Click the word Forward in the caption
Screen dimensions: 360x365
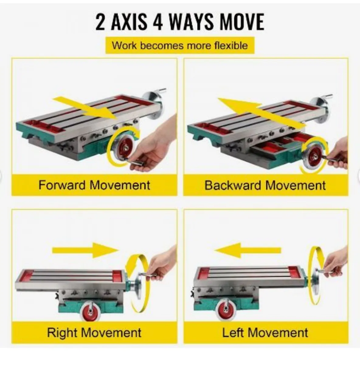[x=62, y=185]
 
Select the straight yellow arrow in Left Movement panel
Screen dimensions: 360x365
[x=247, y=250]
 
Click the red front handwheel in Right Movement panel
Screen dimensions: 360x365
[x=90, y=310]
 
